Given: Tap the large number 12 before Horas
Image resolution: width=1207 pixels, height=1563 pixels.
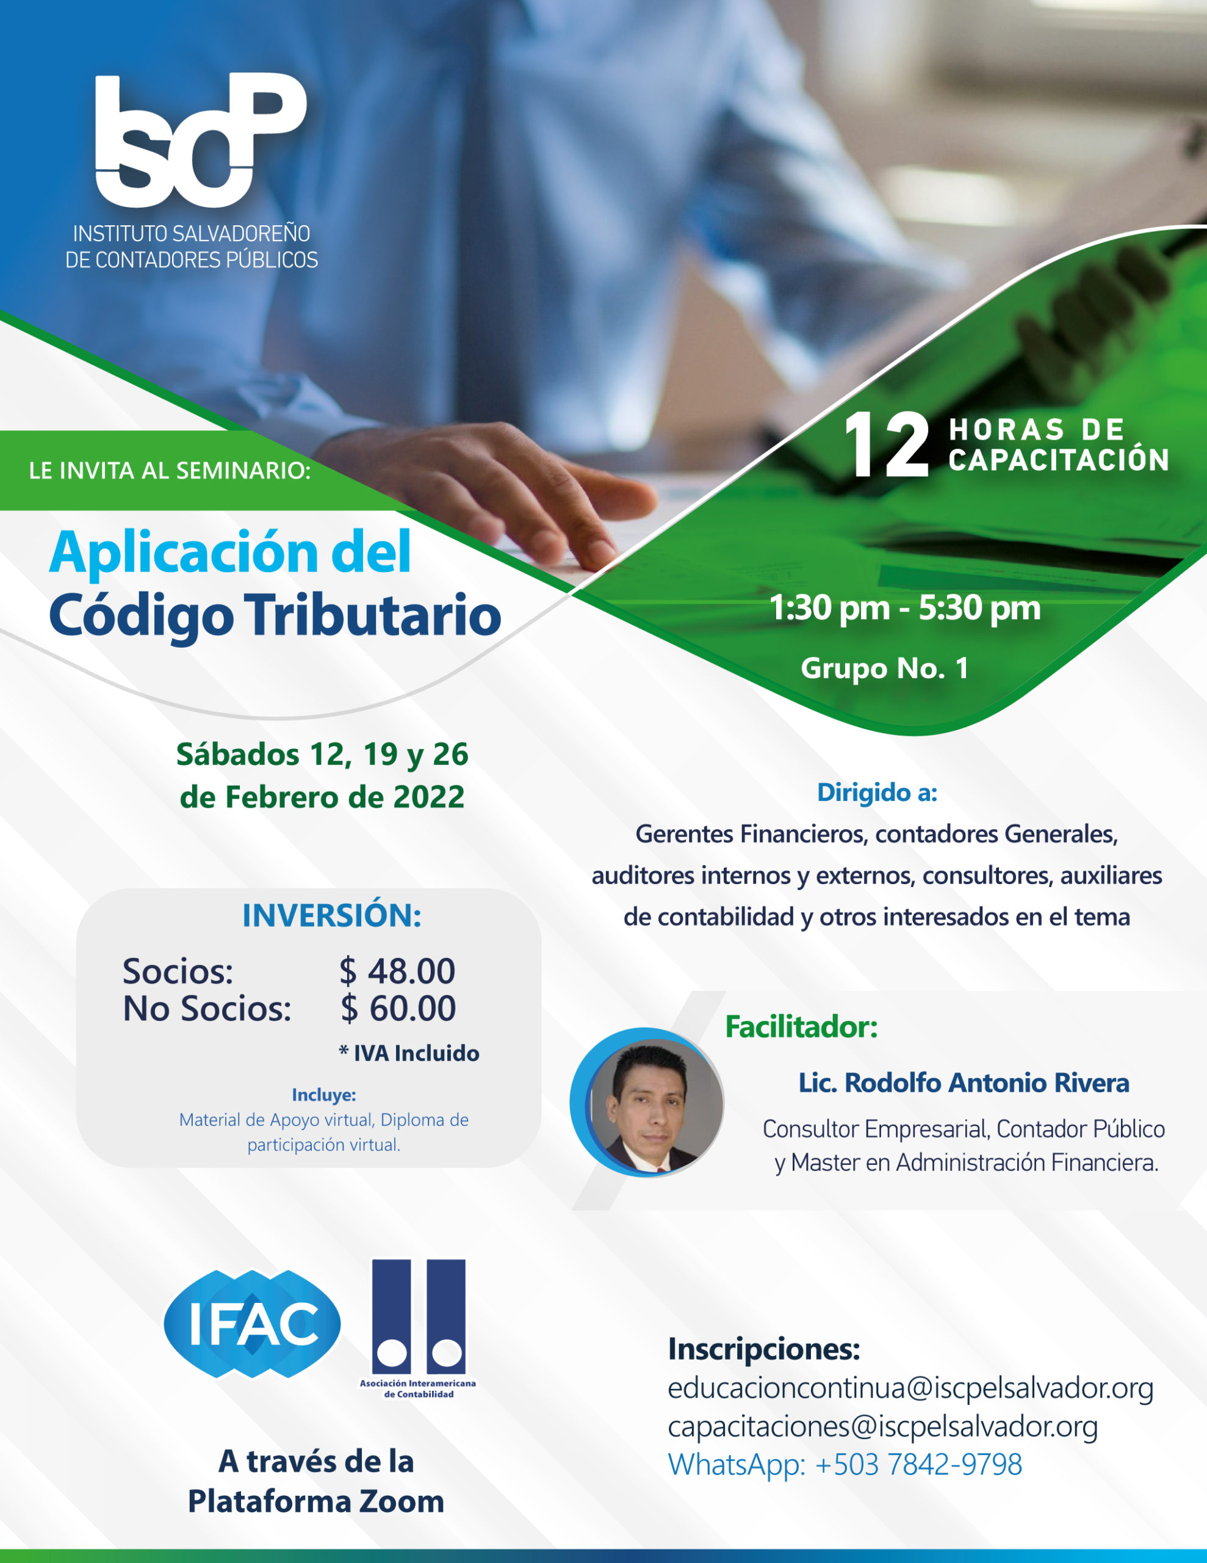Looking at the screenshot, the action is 886,445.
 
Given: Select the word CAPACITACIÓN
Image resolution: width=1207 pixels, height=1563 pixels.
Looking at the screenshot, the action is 1059,460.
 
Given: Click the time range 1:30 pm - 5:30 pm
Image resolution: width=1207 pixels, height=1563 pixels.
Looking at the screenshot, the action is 905,608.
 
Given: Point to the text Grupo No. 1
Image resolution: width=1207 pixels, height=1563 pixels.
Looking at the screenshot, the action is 885,669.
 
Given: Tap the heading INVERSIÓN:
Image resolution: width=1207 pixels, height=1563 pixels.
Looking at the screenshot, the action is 332,915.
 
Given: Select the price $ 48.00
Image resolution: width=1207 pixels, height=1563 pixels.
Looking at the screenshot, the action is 397,971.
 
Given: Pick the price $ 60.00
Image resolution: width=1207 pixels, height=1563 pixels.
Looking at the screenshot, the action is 398,1009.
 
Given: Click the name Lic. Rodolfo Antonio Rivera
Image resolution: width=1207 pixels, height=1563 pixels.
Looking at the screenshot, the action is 964,1082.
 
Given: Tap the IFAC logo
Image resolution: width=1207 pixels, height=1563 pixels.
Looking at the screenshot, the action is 253,1324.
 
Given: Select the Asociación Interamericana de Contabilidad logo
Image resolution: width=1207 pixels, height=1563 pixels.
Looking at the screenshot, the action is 419,1329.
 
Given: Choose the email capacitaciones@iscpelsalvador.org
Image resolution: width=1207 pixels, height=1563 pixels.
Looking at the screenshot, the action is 883,1427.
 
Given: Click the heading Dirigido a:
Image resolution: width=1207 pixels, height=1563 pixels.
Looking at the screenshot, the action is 877,792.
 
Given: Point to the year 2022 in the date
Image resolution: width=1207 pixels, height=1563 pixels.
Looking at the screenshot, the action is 428,797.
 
